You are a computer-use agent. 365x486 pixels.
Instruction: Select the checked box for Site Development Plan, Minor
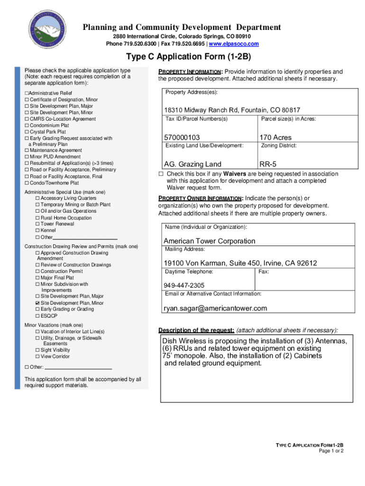click(x=37, y=303)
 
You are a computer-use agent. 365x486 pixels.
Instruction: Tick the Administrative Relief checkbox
click(x=27, y=93)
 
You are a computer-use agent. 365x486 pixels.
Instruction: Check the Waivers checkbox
click(x=161, y=174)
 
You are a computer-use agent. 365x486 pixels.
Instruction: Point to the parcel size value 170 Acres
click(x=275, y=138)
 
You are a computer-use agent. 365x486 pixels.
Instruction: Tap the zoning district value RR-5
click(x=269, y=165)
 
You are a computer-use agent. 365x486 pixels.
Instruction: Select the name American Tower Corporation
click(x=209, y=241)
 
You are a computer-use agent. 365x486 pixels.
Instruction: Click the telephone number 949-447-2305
click(x=184, y=285)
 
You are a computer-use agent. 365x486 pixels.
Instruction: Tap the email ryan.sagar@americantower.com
click(x=215, y=308)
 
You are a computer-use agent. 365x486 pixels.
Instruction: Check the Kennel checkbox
click(x=37, y=230)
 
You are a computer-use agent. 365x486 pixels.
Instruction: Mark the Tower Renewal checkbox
click(x=37, y=224)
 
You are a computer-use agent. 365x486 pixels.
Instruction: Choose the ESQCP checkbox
click(x=37, y=316)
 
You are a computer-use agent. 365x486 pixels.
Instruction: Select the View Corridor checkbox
click(x=37, y=356)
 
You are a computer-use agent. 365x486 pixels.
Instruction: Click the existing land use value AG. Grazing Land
click(x=192, y=165)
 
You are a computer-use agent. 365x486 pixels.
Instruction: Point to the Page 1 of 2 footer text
click(x=331, y=451)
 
